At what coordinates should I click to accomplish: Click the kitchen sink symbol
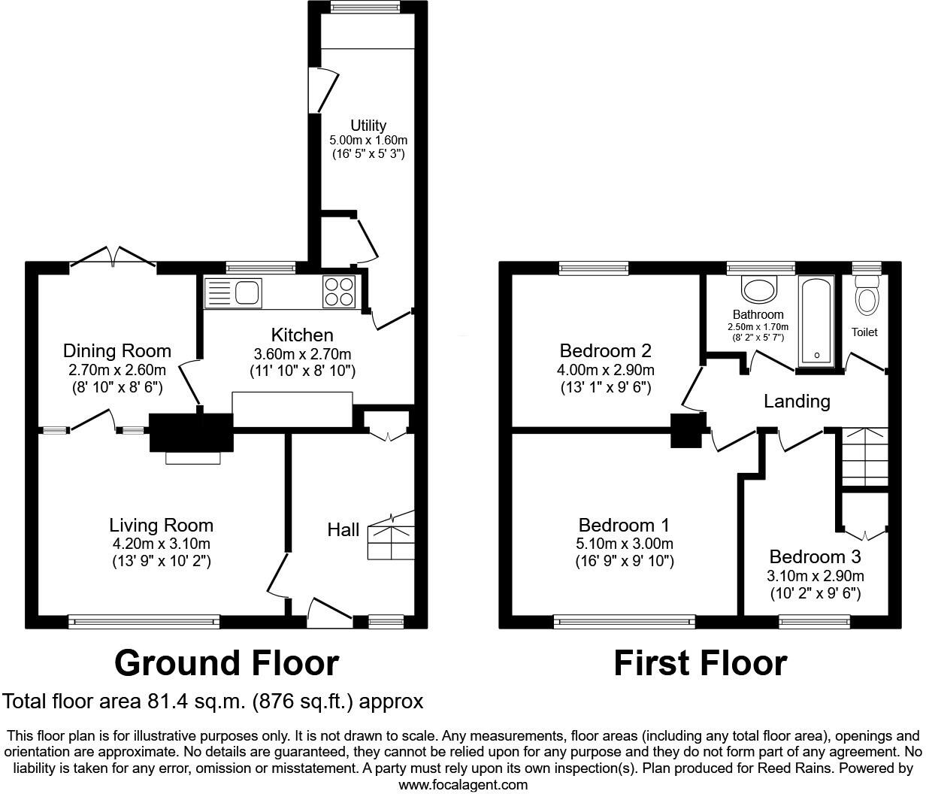click(x=233, y=292)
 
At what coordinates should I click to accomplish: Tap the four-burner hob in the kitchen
click(x=338, y=292)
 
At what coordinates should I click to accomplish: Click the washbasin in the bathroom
click(x=759, y=288)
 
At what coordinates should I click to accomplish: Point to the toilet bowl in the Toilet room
click(x=867, y=298)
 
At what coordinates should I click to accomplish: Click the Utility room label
click(x=368, y=126)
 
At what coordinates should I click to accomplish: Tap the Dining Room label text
click(x=117, y=351)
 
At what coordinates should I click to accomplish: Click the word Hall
click(x=343, y=530)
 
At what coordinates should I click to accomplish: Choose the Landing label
click(x=797, y=402)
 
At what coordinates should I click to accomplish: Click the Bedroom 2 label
click(x=605, y=351)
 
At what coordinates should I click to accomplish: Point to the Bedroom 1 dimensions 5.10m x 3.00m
click(x=625, y=544)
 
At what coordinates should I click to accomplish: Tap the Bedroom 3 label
click(x=815, y=557)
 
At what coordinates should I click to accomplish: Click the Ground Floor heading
click(x=226, y=663)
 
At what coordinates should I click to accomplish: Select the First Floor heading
click(x=700, y=663)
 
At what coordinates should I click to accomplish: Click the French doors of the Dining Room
click(x=113, y=258)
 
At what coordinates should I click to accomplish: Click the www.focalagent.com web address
click(x=463, y=785)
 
